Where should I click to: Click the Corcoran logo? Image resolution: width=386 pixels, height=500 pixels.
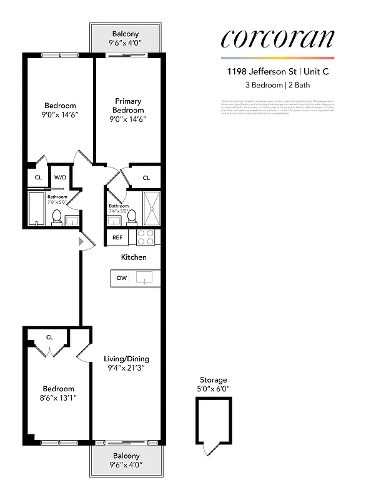277,39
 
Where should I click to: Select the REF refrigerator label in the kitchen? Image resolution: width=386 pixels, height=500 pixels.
117,237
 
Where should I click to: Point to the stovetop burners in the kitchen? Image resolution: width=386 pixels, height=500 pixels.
146,237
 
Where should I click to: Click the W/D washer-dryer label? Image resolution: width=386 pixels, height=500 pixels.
60,177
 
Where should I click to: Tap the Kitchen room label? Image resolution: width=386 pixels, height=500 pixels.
134,257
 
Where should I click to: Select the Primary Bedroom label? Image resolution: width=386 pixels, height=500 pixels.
128,106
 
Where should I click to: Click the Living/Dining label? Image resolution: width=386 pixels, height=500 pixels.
126,359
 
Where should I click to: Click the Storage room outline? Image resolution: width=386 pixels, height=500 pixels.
214,419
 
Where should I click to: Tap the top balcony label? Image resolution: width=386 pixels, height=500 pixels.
126,34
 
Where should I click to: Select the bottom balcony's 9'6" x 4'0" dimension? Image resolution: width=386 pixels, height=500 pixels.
126,465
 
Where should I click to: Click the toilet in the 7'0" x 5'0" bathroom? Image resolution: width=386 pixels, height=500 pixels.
56,217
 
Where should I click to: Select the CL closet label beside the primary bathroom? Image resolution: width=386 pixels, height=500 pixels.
146,177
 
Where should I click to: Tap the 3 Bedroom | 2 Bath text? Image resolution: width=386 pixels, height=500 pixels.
277,85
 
